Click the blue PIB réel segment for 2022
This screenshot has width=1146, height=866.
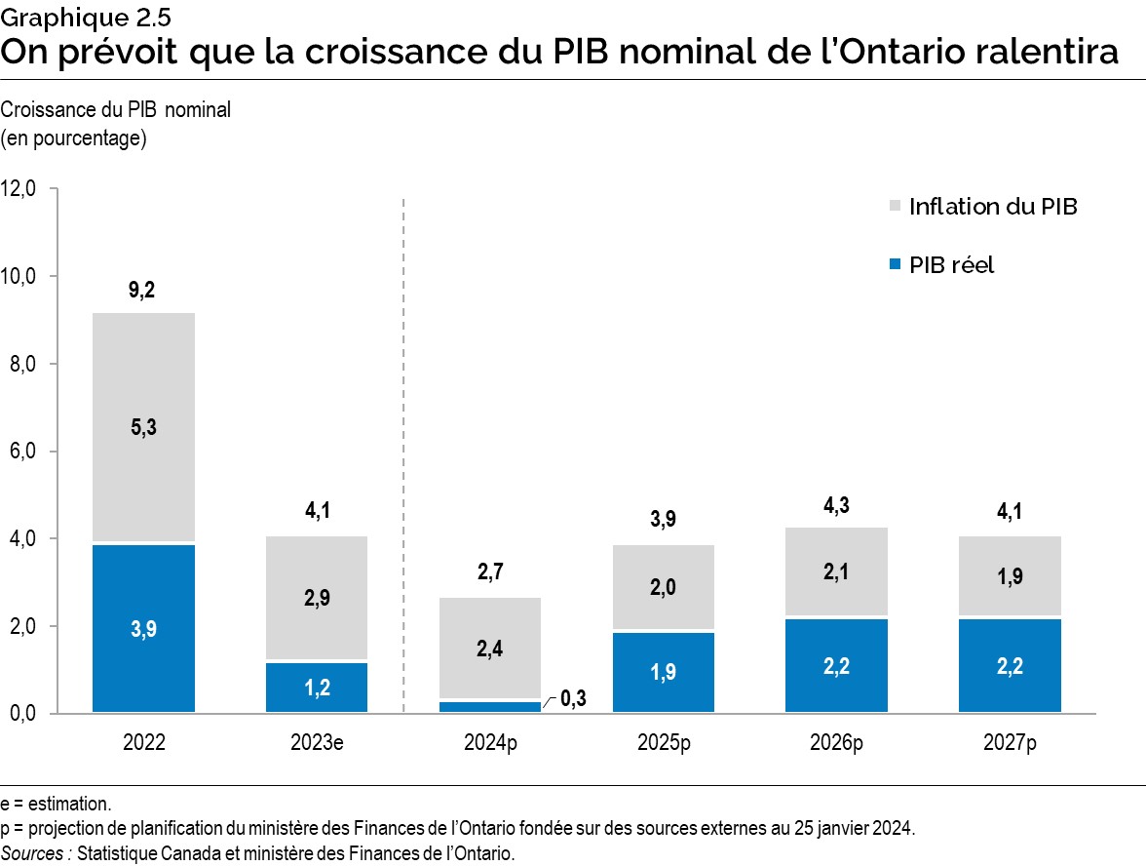coord(144,628)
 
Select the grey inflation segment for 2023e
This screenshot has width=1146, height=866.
coord(317,598)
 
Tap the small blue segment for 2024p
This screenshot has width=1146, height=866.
coord(490,706)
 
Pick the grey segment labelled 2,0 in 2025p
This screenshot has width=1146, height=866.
coord(664,587)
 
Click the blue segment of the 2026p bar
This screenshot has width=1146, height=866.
coord(836,665)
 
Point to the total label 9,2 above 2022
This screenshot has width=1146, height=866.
coord(142,290)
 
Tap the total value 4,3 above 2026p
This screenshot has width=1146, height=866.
coord(836,506)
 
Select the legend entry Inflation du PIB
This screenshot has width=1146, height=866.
coord(992,207)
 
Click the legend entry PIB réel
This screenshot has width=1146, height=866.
coord(951,264)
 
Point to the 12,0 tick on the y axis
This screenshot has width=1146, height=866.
coord(19,189)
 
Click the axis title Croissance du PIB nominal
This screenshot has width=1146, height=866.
coord(116,110)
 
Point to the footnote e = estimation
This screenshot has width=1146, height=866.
coord(56,805)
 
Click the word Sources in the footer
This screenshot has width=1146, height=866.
coord(34,853)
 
